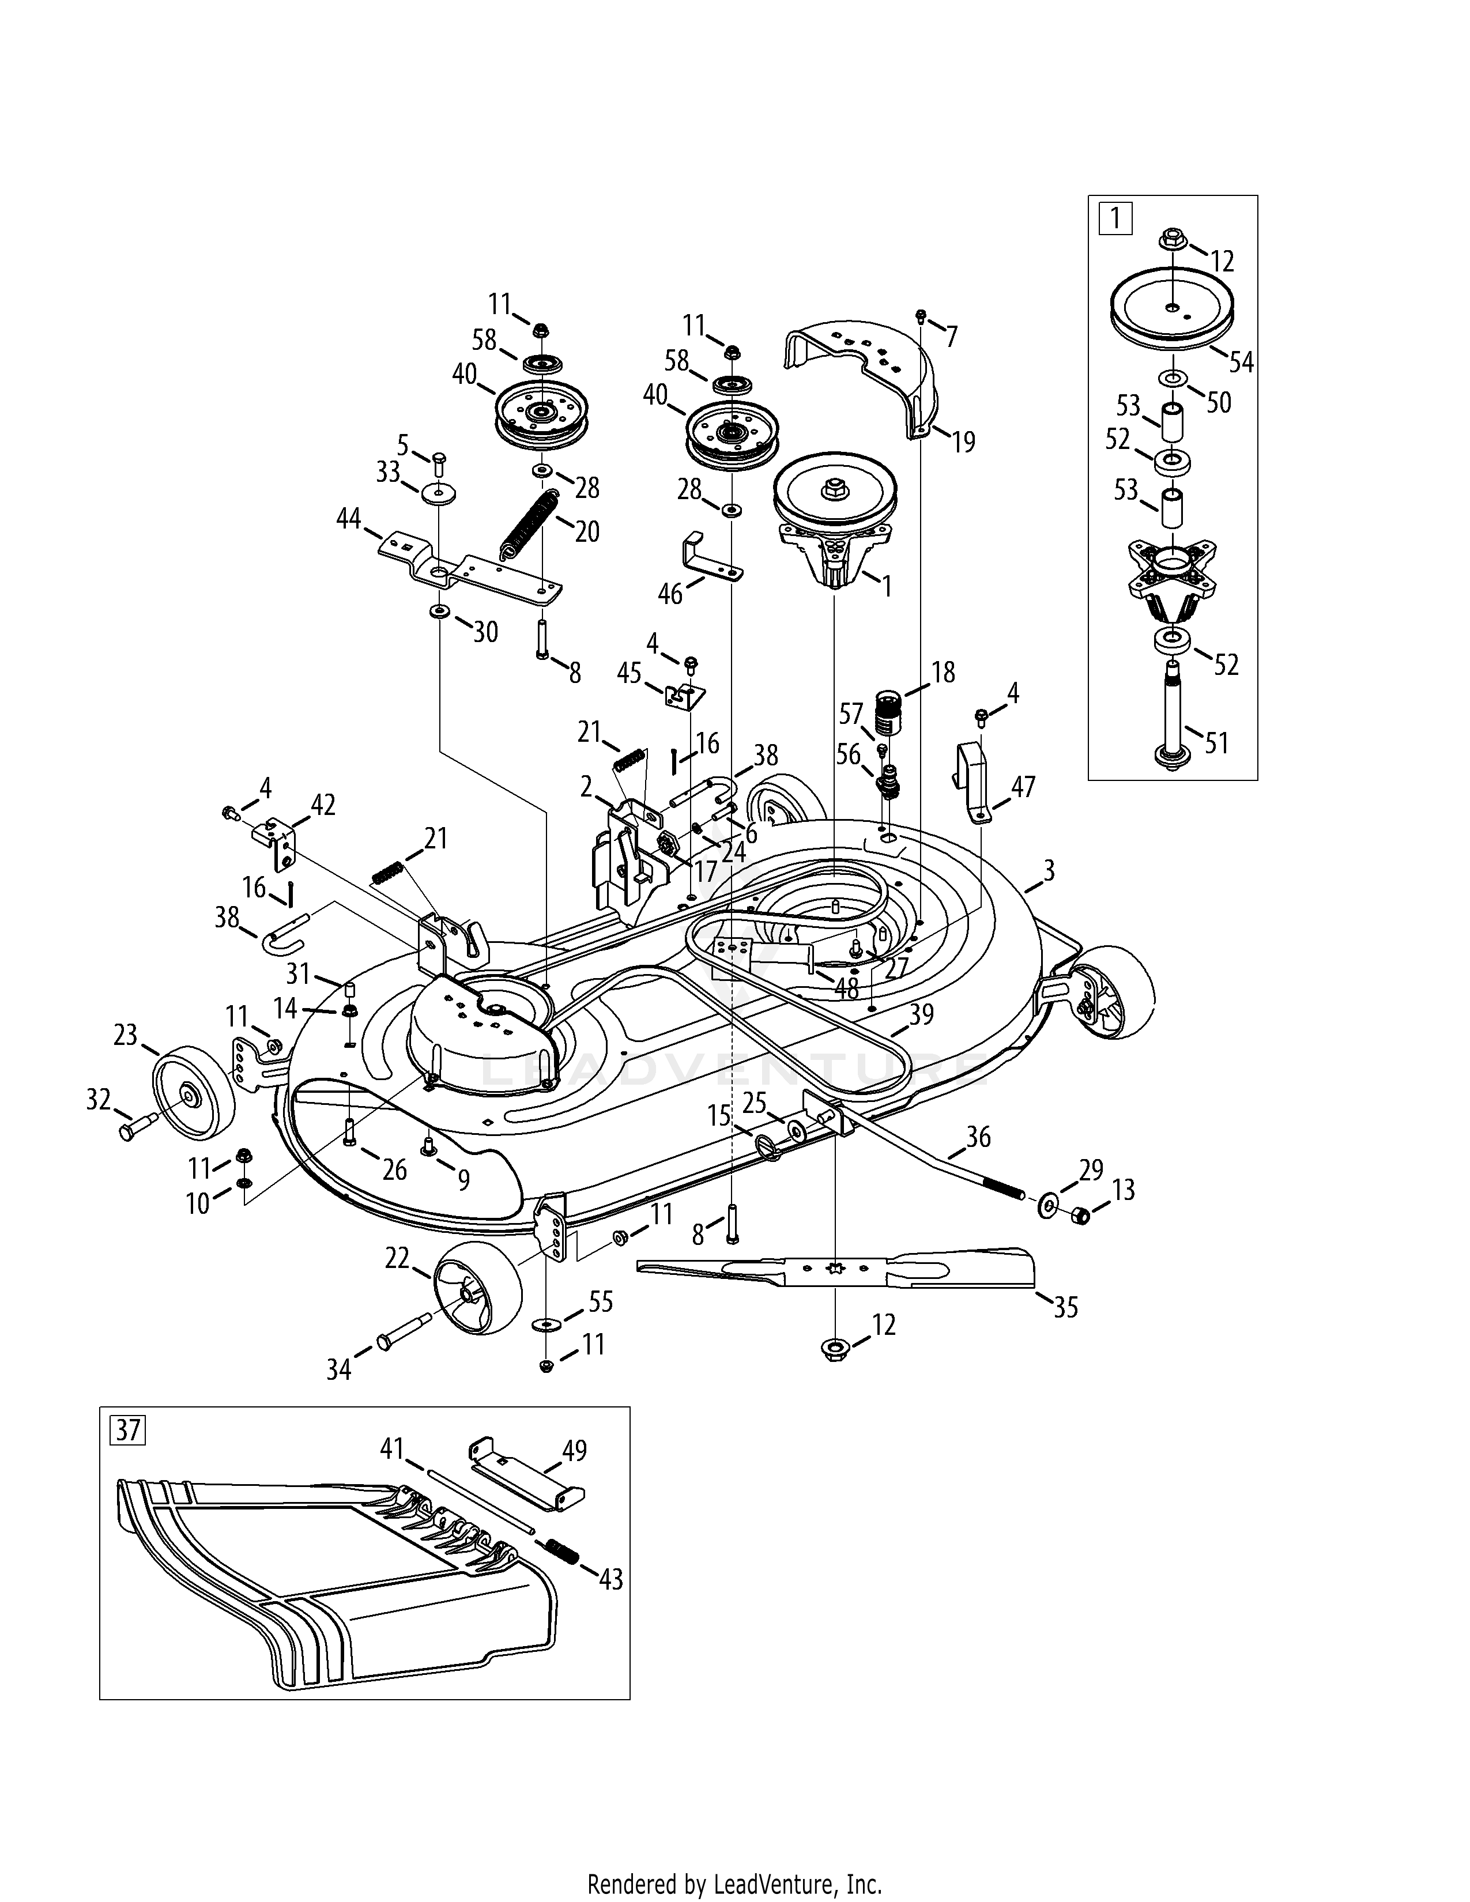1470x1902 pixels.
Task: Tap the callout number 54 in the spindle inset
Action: (x=1241, y=361)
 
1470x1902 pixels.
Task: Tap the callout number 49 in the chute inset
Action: (x=574, y=1450)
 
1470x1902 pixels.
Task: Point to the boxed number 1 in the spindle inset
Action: (x=1115, y=217)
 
